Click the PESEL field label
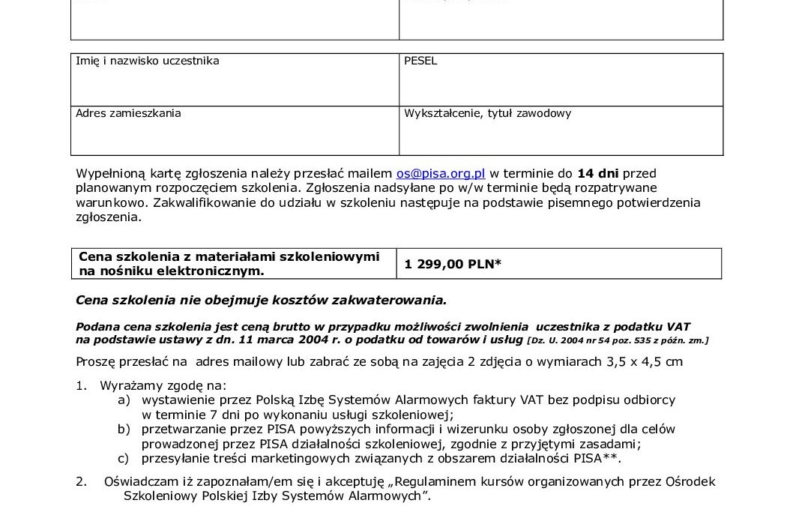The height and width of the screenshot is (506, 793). (420, 61)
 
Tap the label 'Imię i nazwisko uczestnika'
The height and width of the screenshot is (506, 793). (148, 61)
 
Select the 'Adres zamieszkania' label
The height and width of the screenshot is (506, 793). (128, 113)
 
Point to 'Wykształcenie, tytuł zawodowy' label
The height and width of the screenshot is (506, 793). (487, 113)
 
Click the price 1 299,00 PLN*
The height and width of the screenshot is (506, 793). (453, 263)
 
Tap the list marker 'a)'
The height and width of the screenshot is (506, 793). (124, 400)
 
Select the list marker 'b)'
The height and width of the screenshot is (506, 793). (124, 429)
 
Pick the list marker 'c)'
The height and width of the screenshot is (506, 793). (124, 457)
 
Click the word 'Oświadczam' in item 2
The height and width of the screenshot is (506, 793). (140, 481)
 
